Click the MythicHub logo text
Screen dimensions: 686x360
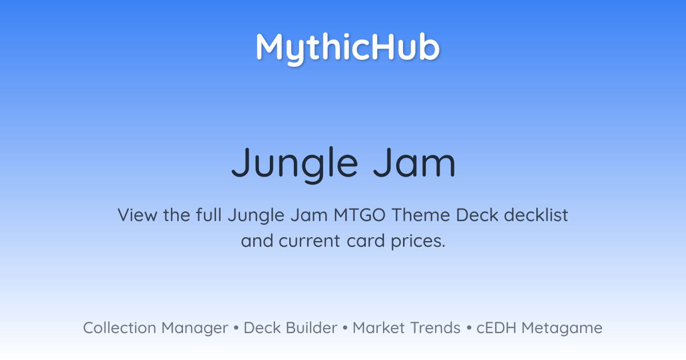pos(348,49)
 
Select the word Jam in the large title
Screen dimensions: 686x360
pos(414,162)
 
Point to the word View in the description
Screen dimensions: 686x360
pos(138,215)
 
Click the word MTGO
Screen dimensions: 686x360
pos(360,215)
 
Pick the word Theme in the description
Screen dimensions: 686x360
pos(421,215)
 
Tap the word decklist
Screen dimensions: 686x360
pos(536,215)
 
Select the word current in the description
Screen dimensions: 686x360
pos(309,241)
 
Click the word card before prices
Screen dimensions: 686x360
pos(366,241)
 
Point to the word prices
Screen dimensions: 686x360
pos(418,242)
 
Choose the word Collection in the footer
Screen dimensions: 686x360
pos(119,328)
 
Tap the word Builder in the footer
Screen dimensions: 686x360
pos(312,328)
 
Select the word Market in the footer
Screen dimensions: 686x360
pos(378,328)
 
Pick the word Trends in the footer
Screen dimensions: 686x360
pos(435,328)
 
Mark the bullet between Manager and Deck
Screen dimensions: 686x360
pos(236,328)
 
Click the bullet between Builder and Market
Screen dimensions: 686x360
pos(345,328)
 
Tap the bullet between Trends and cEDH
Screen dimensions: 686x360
pos(469,328)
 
